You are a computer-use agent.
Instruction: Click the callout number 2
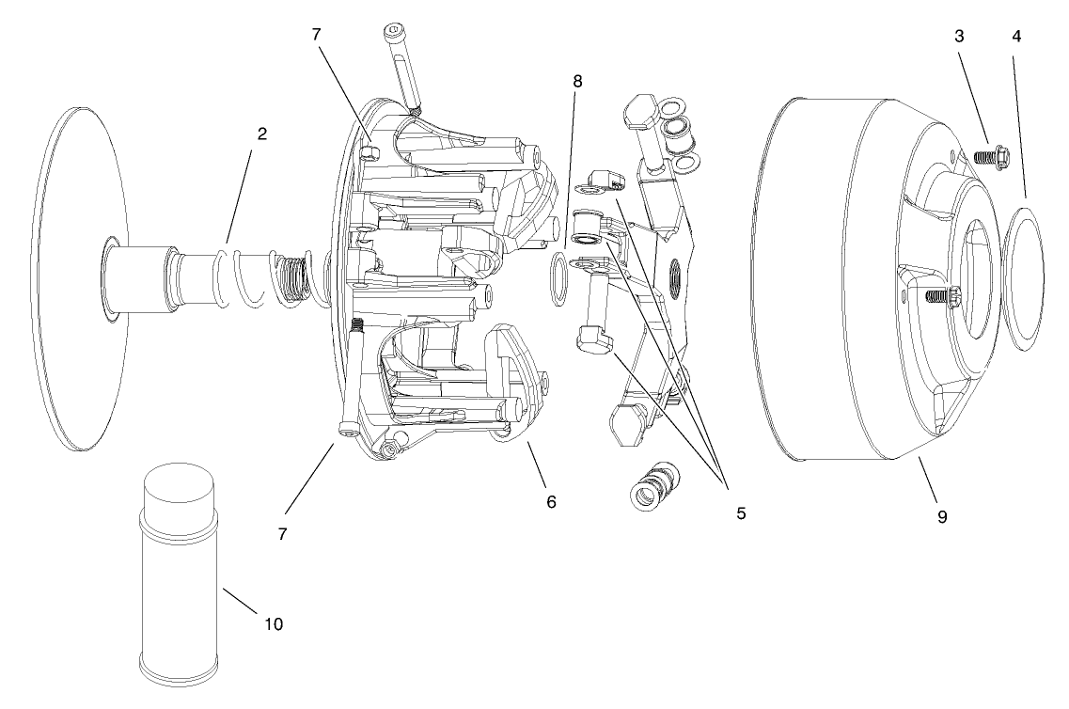[262, 134]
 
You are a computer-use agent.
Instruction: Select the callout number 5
[741, 513]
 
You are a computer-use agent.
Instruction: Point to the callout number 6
[551, 502]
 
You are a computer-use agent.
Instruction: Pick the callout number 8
[577, 82]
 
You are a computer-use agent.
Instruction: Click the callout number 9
[941, 515]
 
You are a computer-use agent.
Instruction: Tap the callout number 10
[273, 623]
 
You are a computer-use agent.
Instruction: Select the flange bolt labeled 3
[986, 156]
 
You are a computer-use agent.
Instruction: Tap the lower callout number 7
[282, 533]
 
